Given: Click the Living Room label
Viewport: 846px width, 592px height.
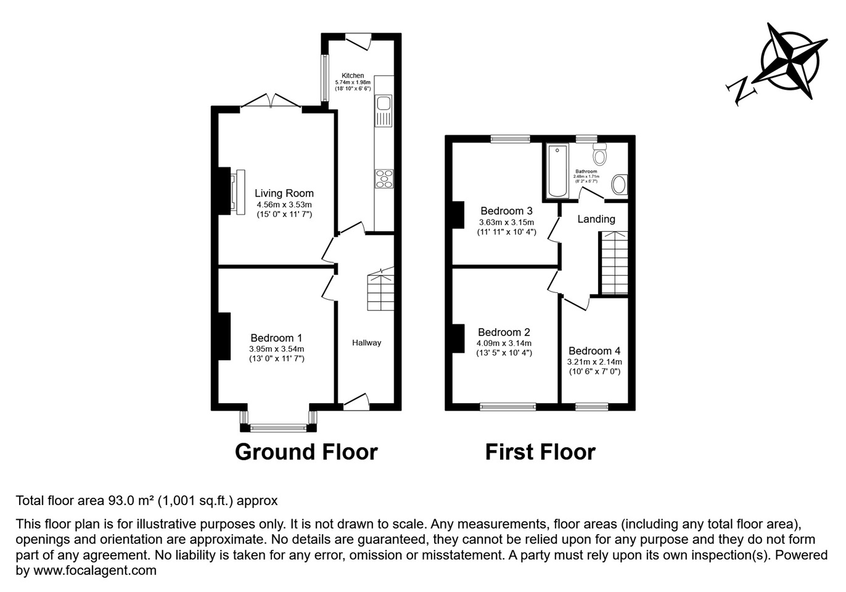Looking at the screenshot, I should tap(284, 194).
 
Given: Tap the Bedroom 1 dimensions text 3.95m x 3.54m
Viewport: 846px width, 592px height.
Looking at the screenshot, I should tap(276, 348).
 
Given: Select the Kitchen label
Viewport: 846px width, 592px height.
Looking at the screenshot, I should tap(353, 75).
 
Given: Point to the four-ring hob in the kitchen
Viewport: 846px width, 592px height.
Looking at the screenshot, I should tap(384, 178).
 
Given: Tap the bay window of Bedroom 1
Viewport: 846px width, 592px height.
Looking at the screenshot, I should tap(278, 426).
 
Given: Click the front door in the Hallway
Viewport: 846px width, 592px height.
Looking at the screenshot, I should tap(356, 403).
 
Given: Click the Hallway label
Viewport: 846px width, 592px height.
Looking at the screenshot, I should tap(366, 343).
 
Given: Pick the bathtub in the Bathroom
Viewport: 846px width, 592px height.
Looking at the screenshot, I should tap(557, 171).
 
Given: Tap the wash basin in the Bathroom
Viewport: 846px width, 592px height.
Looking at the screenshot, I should tap(619, 184).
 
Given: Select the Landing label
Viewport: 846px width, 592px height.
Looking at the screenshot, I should tap(596, 219).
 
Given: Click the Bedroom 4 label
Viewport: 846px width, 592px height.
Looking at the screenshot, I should tap(594, 351).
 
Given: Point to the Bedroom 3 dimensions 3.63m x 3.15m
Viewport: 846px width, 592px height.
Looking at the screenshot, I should tap(506, 223).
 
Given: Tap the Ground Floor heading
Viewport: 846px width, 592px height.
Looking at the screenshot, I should tap(306, 452).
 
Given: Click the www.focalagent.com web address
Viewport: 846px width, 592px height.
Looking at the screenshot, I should tap(94, 570).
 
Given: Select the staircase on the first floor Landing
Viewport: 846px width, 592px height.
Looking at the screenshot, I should tap(614, 263).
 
